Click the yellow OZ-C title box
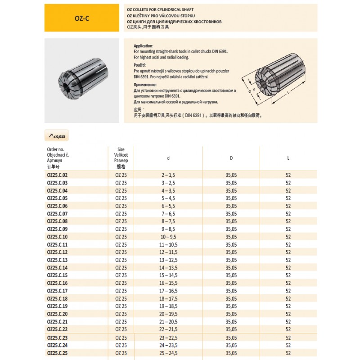tap(81, 18)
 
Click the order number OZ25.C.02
tap(57, 175)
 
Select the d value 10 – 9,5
tap(169, 237)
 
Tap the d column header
tap(168, 157)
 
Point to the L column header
tap(288, 157)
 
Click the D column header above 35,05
tap(231, 157)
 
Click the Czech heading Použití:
tap(141, 65)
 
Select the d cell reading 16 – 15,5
tap(169, 283)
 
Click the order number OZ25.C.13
tap(57, 260)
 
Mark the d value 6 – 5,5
tap(169, 206)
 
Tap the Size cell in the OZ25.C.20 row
tap(121, 315)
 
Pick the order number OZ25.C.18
tap(57, 299)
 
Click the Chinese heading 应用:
tap(139, 109)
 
